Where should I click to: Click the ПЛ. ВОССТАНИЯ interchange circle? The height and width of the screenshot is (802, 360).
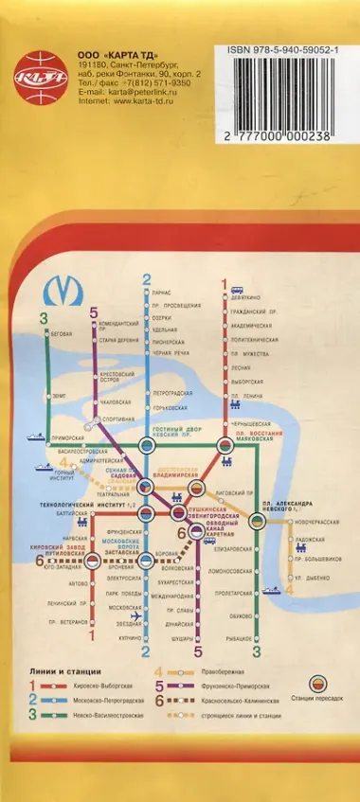[x=225, y=445]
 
